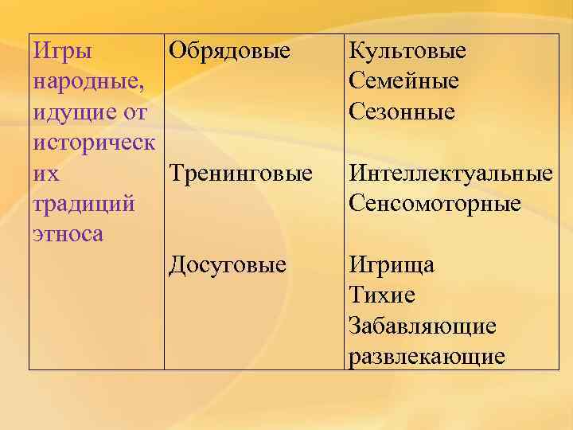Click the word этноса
(69, 234)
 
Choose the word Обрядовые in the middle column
(229, 52)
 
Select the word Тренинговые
(240, 174)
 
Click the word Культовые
(407, 52)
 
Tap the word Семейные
(403, 82)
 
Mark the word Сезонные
(402, 112)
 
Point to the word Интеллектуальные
(450, 174)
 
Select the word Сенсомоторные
(435, 204)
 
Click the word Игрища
(392, 264)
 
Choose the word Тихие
(382, 295)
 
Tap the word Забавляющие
(422, 325)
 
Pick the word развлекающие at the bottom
(427, 355)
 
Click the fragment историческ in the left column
(95, 143)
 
